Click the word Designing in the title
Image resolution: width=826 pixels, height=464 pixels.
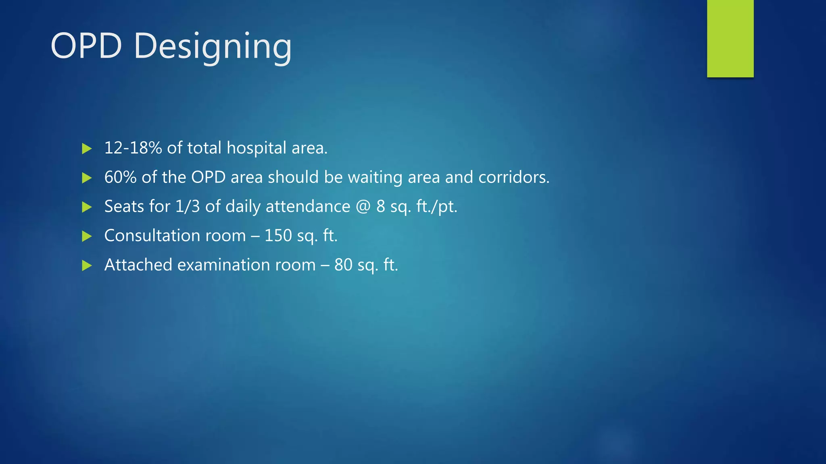(213, 47)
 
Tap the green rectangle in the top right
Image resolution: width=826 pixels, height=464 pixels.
(730, 38)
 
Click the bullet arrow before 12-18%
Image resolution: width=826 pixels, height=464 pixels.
(87, 149)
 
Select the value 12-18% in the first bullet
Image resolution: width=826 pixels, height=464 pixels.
(133, 148)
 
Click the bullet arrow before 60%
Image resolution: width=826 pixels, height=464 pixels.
(87, 178)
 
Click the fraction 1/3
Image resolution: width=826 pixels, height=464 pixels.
(188, 206)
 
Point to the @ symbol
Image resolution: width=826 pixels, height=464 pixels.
(363, 207)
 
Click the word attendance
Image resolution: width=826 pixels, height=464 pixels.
(308, 206)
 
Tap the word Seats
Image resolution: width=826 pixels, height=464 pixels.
(124, 206)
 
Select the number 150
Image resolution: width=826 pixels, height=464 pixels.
(278, 236)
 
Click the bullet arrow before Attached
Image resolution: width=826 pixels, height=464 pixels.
(87, 265)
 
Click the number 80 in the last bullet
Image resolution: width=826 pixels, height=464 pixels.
(343, 265)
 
